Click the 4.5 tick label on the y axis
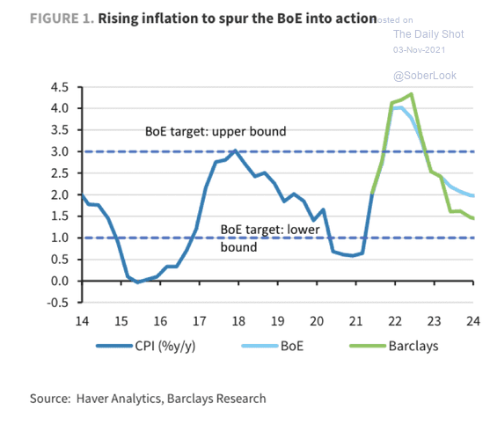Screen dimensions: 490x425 (60, 87)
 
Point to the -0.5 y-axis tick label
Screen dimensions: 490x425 (58, 303)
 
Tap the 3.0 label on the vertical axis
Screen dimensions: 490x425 (60, 152)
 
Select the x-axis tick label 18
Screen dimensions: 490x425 (238, 321)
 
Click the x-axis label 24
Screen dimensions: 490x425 (473, 321)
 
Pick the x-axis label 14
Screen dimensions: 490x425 (82, 321)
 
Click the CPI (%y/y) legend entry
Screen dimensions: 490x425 (146, 346)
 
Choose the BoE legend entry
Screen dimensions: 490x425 (273, 346)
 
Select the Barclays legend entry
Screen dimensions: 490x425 (394, 346)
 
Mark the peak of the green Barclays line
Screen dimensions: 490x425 (412, 94)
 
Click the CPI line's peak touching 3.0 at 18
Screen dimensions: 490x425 (235, 150)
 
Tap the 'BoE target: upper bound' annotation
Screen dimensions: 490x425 (216, 131)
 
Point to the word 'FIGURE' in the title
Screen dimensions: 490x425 (54, 18)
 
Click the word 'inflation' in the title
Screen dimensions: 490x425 (168, 18)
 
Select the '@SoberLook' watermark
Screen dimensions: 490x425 (425, 76)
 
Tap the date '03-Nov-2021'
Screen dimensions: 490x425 (419, 50)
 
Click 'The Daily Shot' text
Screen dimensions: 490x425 (428, 34)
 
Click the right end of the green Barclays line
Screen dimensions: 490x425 (473, 218)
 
